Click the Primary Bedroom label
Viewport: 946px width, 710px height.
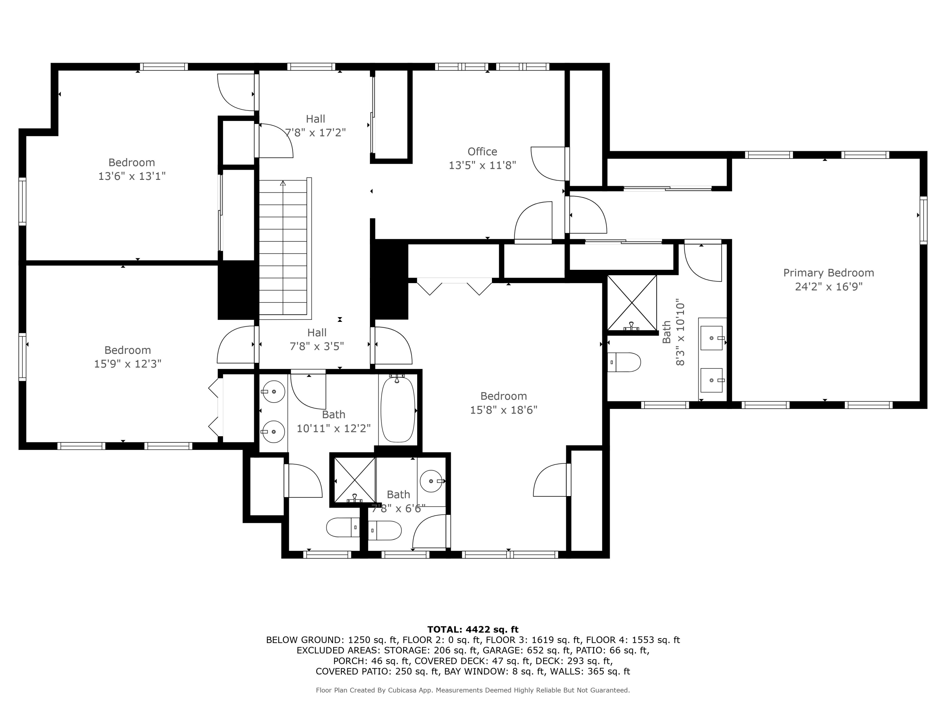tap(828, 273)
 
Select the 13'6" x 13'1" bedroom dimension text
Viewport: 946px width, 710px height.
tap(132, 176)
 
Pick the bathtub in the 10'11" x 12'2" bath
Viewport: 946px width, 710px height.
tap(398, 409)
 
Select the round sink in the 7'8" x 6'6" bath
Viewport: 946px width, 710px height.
tap(431, 481)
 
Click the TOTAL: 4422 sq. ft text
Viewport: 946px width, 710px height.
tap(473, 630)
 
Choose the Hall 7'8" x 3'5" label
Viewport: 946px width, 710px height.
tap(317, 339)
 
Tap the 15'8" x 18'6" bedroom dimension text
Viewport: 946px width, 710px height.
tap(503, 410)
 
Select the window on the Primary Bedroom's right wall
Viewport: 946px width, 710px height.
tap(923, 220)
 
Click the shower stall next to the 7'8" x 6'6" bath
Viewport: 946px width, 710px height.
tap(354, 480)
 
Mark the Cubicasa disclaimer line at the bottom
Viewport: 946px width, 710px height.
tap(473, 690)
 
